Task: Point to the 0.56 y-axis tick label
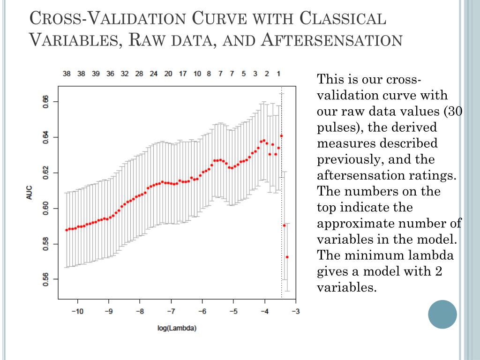click(x=45, y=279)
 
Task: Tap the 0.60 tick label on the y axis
click(x=45, y=209)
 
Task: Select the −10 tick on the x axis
click(x=78, y=311)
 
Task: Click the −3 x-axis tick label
click(x=296, y=311)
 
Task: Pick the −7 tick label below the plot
click(x=171, y=311)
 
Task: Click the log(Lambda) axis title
click(x=177, y=328)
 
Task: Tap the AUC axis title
click(x=30, y=193)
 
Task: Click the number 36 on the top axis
click(x=110, y=74)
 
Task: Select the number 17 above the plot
click(x=183, y=74)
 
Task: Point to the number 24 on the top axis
click(x=154, y=74)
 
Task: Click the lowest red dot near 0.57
click(x=287, y=257)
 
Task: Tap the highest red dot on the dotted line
click(x=281, y=136)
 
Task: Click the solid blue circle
click(x=442, y=314)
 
